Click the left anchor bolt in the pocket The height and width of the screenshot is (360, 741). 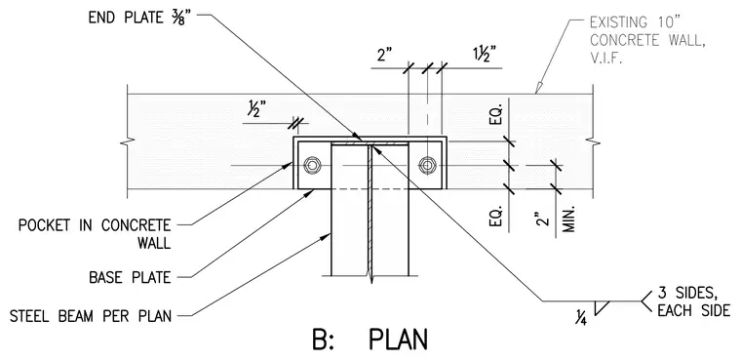coord(312,165)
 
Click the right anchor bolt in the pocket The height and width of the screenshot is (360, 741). coord(427,165)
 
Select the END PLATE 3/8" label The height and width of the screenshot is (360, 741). coord(139,18)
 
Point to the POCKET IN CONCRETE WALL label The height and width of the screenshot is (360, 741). coord(95,234)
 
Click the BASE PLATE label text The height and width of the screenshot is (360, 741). coord(130,277)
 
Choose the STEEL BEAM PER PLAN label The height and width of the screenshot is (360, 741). coord(91,315)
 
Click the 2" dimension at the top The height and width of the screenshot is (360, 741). coord(386,56)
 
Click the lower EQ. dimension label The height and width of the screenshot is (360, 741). coord(497,217)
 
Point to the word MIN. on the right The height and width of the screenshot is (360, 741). coord(568,219)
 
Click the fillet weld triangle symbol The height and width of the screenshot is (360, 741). coord(602,307)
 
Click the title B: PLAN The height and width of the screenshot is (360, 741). coord(370,340)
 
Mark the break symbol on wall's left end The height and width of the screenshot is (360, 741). coord(128,140)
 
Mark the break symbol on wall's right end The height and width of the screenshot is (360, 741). coord(593,140)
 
